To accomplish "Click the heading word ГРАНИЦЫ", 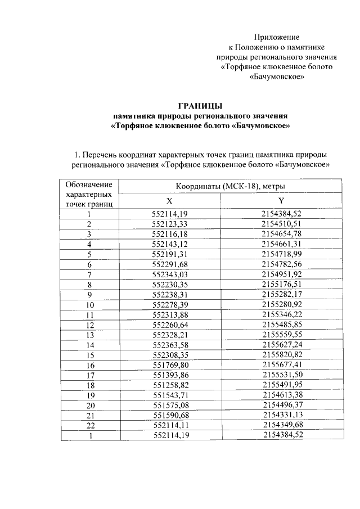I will point(200,105).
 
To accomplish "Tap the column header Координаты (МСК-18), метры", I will point(231,186).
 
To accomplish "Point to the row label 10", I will point(89,305).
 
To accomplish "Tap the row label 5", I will point(89,254).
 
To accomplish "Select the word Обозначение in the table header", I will point(89,184).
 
